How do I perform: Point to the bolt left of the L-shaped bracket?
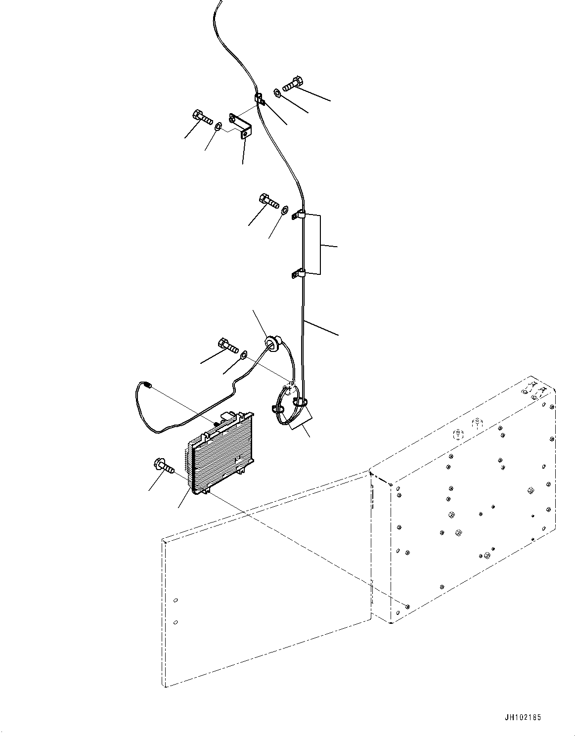201,117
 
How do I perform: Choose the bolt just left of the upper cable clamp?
268,200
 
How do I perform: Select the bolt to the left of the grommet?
227,345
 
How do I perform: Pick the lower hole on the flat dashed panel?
176,622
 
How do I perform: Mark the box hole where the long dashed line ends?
407,606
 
